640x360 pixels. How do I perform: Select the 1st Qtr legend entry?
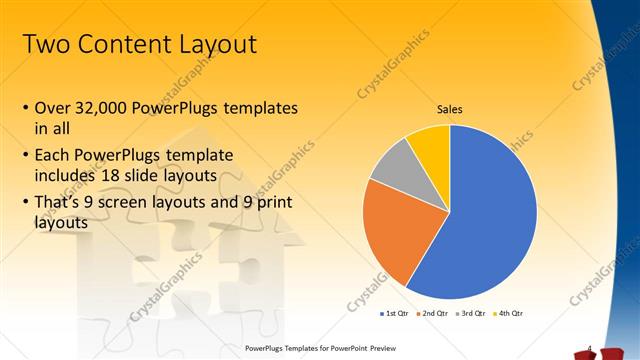(x=395, y=313)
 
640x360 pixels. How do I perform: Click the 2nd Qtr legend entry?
(x=432, y=313)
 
